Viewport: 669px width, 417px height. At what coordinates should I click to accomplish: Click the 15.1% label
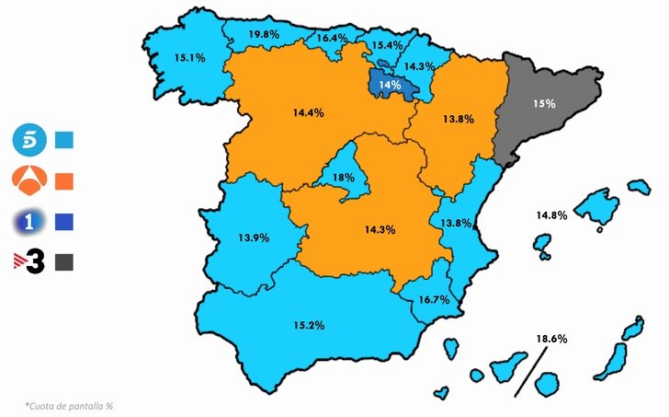tap(189, 57)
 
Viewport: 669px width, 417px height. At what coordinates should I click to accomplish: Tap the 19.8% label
tap(264, 34)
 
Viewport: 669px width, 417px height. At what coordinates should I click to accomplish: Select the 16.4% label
tap(332, 39)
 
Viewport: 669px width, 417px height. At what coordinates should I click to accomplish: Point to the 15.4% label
tap(387, 45)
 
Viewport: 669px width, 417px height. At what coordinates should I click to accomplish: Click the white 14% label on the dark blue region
tap(390, 86)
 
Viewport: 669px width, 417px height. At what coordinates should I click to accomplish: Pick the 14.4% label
tap(309, 112)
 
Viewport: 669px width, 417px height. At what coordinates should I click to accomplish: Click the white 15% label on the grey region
tap(544, 104)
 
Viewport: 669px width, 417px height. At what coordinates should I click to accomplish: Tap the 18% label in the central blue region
tap(344, 178)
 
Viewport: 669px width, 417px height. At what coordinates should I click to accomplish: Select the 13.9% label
tap(254, 237)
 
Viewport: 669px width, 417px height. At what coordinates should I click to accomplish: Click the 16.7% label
tap(433, 300)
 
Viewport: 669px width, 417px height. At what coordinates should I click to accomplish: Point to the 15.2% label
tap(309, 325)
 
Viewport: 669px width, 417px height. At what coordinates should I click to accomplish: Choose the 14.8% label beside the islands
tap(551, 215)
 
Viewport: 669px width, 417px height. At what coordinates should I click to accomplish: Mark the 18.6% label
tap(551, 339)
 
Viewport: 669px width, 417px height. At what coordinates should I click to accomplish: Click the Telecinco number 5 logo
tap(27, 141)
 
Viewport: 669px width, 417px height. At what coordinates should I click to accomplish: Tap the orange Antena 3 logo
tap(27, 180)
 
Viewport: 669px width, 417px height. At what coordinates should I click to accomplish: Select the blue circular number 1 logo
tap(27, 222)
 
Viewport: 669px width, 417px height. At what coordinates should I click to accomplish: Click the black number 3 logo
tap(28, 261)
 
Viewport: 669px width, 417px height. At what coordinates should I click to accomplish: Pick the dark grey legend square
tap(64, 262)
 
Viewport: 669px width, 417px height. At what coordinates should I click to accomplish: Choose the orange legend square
tap(64, 180)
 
